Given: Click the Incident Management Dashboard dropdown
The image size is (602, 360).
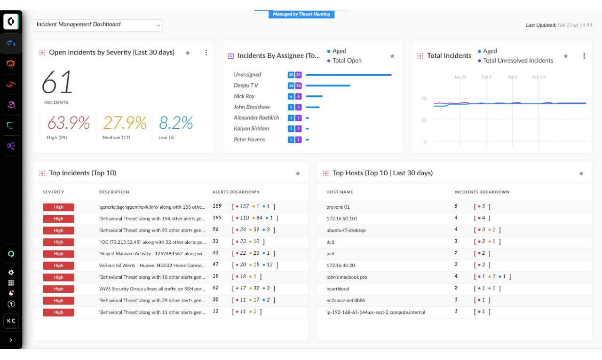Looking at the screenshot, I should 97,25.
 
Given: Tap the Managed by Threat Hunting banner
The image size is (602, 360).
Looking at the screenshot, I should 301,14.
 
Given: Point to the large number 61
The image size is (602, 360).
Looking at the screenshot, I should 57,82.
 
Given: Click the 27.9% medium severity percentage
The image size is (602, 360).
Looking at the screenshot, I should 125,123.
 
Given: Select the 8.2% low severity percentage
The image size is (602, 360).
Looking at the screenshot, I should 176,123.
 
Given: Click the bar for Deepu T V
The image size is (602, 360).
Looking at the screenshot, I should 328,86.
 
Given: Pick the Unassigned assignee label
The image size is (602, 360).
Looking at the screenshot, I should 247,75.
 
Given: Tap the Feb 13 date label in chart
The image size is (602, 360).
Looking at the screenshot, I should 539,77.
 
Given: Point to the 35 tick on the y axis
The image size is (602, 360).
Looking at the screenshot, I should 424,120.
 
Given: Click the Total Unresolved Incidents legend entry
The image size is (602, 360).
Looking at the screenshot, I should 518,61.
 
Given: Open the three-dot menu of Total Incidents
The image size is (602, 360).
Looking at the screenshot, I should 584,56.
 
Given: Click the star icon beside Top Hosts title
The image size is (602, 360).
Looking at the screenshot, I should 581,173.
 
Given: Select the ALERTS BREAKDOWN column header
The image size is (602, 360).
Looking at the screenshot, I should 236,192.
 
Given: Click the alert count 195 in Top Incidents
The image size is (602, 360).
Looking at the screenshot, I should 217,218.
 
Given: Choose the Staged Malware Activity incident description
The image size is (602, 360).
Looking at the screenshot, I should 152,254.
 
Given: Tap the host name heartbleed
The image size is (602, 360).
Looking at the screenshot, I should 338,289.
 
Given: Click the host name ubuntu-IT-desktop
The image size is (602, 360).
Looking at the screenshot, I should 346,230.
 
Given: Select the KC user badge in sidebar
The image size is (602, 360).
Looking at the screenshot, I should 11,321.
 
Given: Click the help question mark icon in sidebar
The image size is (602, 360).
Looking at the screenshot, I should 11,304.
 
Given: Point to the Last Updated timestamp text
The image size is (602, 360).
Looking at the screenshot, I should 559,25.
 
